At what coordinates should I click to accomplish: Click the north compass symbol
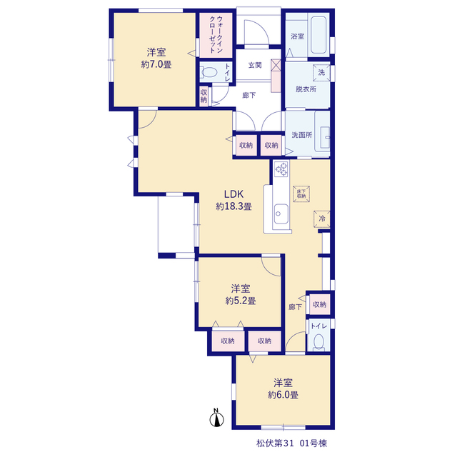216,418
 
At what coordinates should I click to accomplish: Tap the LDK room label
233,194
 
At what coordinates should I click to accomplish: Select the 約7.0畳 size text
156,64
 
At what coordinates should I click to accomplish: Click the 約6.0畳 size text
283,395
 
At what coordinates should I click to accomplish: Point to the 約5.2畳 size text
241,301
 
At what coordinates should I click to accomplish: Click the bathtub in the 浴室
318,35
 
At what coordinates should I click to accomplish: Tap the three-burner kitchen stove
281,169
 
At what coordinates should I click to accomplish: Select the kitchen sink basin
281,214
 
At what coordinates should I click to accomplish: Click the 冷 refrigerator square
322,219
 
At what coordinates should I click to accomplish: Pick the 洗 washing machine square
321,72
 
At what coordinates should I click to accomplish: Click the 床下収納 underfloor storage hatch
301,194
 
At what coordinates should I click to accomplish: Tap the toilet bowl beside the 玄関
209,72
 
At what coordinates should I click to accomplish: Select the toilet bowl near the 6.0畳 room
318,342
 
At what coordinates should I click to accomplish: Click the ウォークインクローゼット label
216,34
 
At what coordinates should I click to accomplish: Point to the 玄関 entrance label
255,65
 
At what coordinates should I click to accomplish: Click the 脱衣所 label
306,89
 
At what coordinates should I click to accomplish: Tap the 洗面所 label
302,135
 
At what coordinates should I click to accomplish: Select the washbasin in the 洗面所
325,137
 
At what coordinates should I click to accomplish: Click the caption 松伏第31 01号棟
292,443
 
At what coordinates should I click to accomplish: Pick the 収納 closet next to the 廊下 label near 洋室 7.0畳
204,96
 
